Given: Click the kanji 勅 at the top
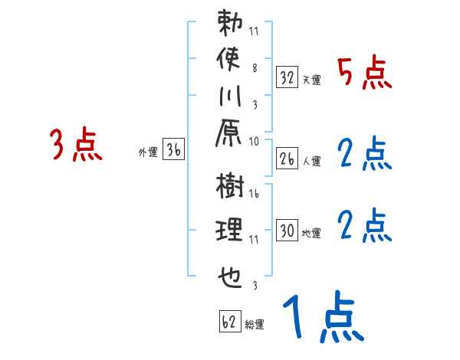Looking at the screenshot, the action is tap(229, 23).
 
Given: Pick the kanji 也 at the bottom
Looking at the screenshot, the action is tap(229, 273).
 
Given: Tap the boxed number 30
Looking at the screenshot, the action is tap(287, 230).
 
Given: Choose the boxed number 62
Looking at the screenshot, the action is tap(229, 322).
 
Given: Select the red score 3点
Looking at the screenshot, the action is tap(76, 146).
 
